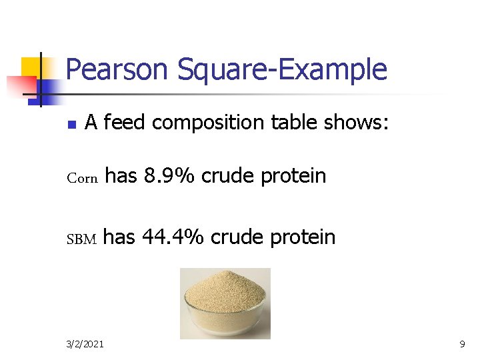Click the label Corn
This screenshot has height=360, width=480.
tap(83, 178)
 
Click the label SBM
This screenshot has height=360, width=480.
tap(82, 239)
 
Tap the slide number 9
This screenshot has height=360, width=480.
tap(462, 344)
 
